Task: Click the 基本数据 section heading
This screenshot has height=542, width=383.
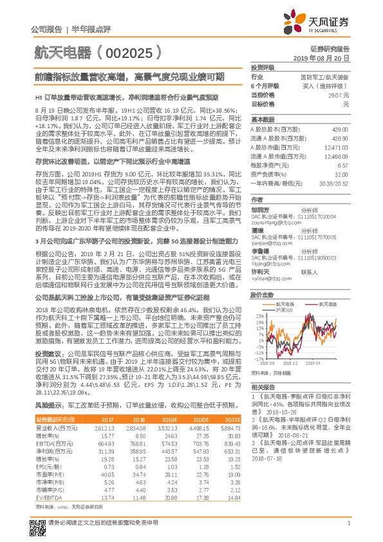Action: click(x=263, y=120)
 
